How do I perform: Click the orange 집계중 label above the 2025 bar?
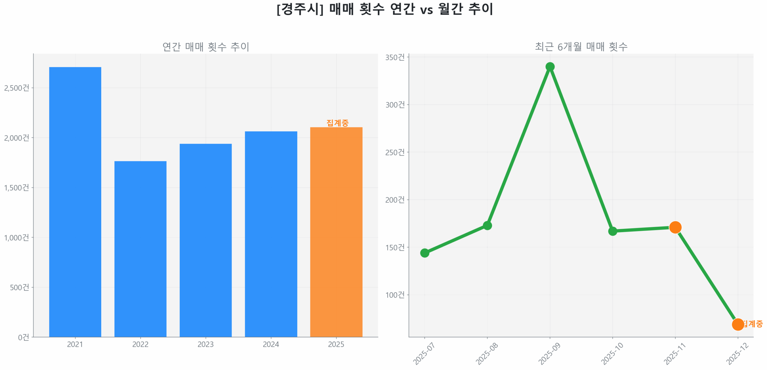[337, 123]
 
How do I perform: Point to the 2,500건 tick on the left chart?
[17, 88]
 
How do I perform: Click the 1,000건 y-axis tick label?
[17, 237]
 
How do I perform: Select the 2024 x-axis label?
[271, 344]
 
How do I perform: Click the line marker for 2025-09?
[550, 67]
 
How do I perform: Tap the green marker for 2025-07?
[425, 253]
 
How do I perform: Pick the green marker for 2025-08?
[487, 225]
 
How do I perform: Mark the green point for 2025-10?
[612, 231]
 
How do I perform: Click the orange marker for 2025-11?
[675, 227]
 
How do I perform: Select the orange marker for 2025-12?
[738, 324]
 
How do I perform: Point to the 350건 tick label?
[395, 57]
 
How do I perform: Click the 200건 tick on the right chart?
[395, 200]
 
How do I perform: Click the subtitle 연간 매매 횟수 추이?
[206, 47]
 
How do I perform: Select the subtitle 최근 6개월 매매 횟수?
[581, 47]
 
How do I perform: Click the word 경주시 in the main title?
[300, 9]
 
